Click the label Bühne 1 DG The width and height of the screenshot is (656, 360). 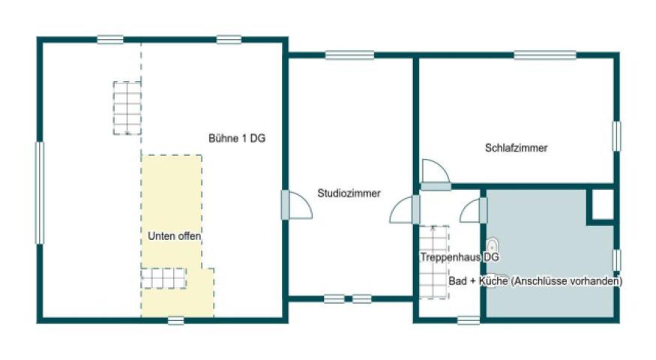click(x=236, y=138)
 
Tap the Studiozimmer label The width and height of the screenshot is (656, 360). click(x=349, y=193)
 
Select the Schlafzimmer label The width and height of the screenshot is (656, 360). click(x=517, y=148)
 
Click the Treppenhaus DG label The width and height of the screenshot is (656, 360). click(x=459, y=256)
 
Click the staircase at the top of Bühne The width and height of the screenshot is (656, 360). click(x=127, y=107)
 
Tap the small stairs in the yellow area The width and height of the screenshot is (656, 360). click(x=163, y=278)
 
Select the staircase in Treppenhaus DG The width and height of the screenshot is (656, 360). click(x=433, y=262)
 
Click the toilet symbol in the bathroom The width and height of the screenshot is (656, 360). click(x=493, y=245)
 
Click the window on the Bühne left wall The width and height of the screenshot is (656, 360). click(x=40, y=193)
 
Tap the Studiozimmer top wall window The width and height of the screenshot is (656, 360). click(x=349, y=55)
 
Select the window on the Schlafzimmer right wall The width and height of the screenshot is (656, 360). click(x=616, y=136)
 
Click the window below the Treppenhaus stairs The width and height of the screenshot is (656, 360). click(x=468, y=320)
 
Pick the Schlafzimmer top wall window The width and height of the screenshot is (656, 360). click(x=545, y=55)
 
